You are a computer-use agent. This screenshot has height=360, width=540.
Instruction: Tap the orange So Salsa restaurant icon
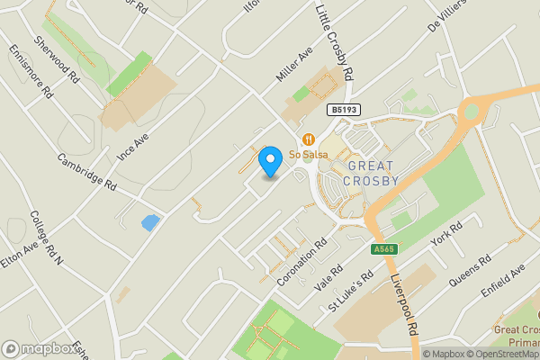coord(308,139)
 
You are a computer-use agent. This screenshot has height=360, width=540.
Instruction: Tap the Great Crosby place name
coord(373,174)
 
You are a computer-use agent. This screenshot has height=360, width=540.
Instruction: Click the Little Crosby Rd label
coord(335,43)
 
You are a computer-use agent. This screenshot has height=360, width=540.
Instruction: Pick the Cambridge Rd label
coord(87,170)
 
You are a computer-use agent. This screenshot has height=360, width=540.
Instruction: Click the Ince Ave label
coord(131,148)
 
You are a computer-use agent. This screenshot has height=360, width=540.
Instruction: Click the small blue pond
coord(150,222)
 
